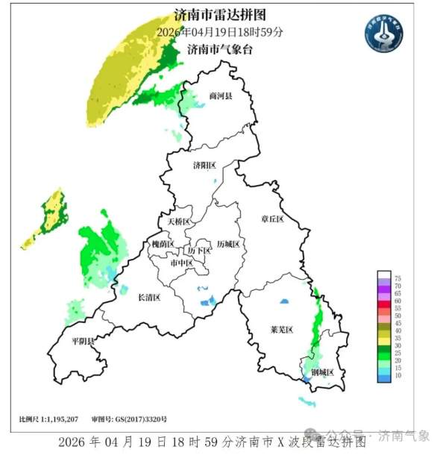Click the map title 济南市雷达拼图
(x=218, y=15)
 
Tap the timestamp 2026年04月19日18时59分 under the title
(x=219, y=32)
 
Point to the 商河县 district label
(x=221, y=96)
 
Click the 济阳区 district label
(x=204, y=165)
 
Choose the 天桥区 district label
(x=179, y=222)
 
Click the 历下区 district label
(x=199, y=251)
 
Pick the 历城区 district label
(x=228, y=245)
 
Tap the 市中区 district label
(x=182, y=264)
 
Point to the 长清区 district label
(x=149, y=298)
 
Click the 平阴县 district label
(x=83, y=341)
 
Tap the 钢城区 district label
(x=322, y=372)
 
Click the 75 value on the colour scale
(x=397, y=278)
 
